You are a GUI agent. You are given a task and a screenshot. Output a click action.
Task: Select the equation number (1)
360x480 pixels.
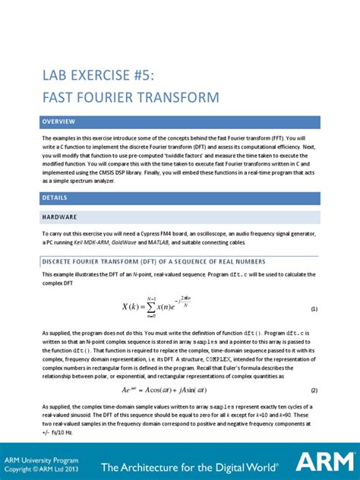(x=314, y=310)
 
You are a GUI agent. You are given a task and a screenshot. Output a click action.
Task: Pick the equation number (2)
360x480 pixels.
(x=314, y=390)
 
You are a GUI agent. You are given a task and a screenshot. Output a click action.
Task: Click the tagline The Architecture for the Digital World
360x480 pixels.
(x=193, y=466)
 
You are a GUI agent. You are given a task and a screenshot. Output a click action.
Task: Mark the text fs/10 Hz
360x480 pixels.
(x=62, y=431)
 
